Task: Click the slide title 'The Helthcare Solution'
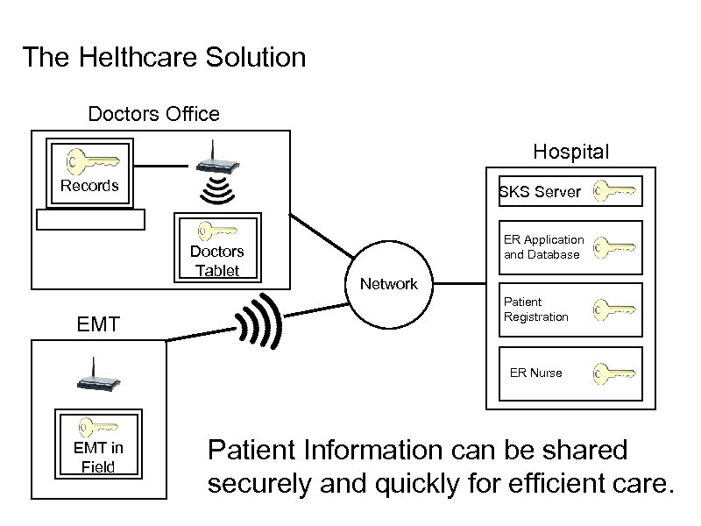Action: pyautogui.click(x=164, y=58)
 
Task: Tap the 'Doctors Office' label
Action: pyautogui.click(x=153, y=114)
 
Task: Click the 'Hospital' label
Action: pyautogui.click(x=570, y=152)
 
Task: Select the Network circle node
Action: pyautogui.click(x=390, y=284)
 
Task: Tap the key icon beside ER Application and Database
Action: pyautogui.click(x=613, y=248)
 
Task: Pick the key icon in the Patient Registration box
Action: pyautogui.click(x=613, y=310)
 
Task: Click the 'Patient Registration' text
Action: pyautogui.click(x=535, y=309)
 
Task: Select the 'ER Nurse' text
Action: pyautogui.click(x=535, y=373)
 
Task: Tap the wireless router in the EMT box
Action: pyautogui.click(x=96, y=377)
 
